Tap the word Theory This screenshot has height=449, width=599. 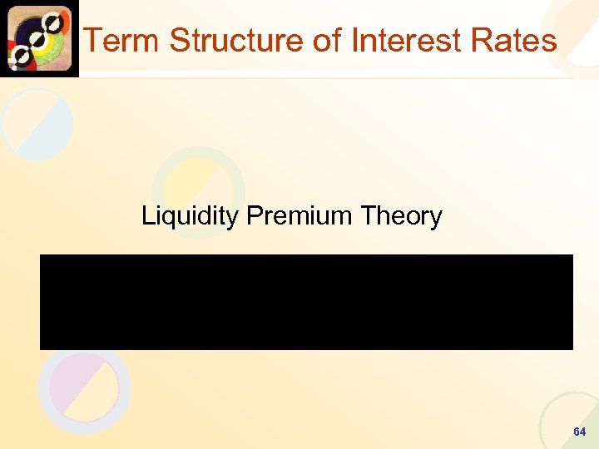point(401,216)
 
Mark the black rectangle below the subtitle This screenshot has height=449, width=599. point(306,302)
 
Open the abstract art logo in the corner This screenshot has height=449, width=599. point(39,38)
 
